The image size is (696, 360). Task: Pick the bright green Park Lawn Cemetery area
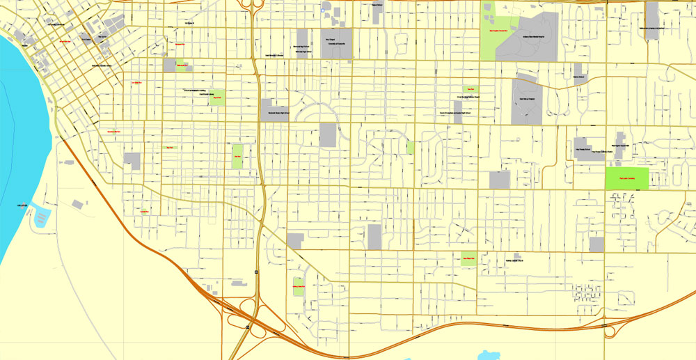pos(626,177)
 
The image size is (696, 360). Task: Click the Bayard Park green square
pos(217,97)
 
